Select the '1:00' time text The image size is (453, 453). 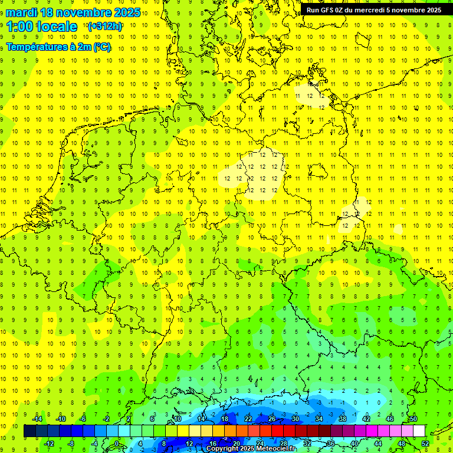pyautogui.click(x=22, y=27)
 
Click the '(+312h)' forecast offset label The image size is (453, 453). pyautogui.click(x=104, y=27)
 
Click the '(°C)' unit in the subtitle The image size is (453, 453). pyautogui.click(x=101, y=47)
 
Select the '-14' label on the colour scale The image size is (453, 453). pyautogui.click(x=37, y=419)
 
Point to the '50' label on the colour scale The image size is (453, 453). pyautogui.click(x=413, y=419)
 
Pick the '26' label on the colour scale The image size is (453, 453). pyautogui.click(x=272, y=419)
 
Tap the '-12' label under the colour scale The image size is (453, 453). pyautogui.click(x=49, y=444)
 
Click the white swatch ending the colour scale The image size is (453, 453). pyautogui.click(x=418, y=431)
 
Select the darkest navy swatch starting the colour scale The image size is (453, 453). pyautogui.click(x=29, y=431)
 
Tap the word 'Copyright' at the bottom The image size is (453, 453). pyautogui.click(x=223, y=449)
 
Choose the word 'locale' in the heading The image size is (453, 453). pyautogui.click(x=60, y=27)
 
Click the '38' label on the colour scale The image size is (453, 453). pyautogui.click(x=343, y=419)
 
